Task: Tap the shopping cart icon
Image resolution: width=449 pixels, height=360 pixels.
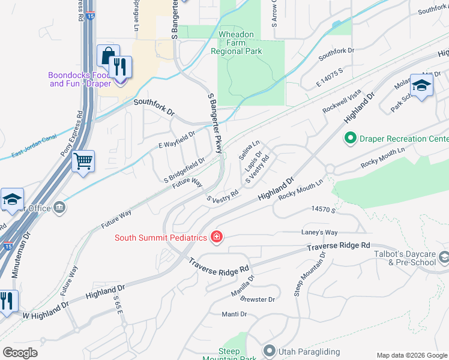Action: tap(83, 160)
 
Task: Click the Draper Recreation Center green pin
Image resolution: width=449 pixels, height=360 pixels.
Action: tap(350, 139)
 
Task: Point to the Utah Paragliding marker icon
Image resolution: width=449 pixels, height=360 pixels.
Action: tap(269, 350)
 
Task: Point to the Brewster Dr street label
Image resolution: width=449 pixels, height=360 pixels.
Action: tap(258, 299)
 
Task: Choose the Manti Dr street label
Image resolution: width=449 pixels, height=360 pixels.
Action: tap(234, 314)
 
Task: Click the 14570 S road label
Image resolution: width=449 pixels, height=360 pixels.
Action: tap(322, 209)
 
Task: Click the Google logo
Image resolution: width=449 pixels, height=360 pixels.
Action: tap(21, 353)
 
